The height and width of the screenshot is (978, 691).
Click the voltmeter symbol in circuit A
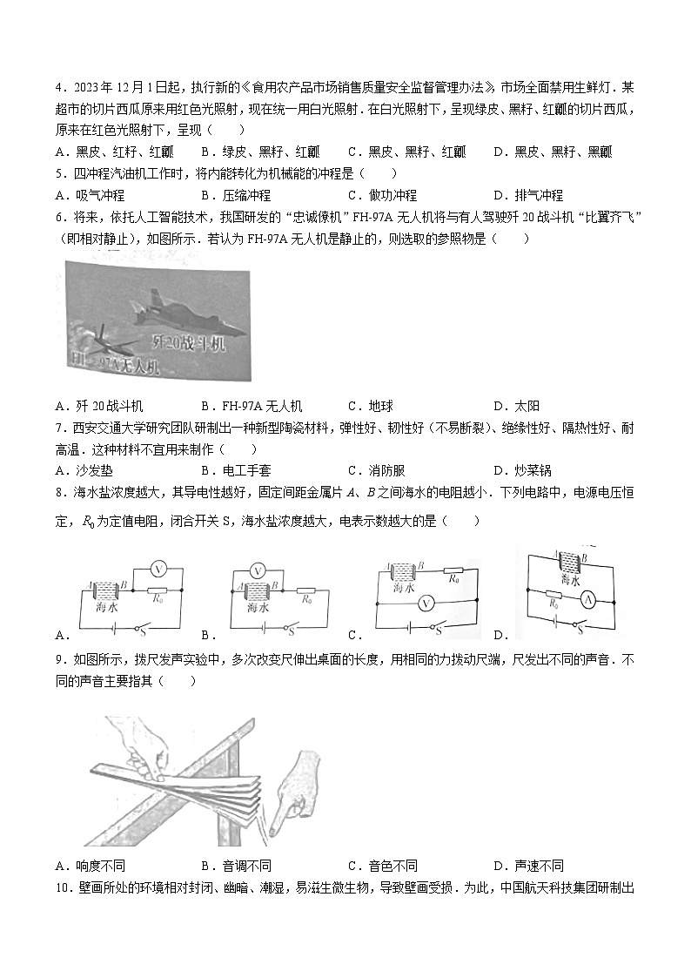158,568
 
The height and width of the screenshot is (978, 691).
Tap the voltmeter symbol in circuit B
258,570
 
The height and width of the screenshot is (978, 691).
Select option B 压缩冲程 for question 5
235,195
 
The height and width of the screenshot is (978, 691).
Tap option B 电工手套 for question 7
235,470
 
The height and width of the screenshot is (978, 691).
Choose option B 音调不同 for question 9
235,866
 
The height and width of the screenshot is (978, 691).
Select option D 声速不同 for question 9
527,866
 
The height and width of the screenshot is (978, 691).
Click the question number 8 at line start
58,492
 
